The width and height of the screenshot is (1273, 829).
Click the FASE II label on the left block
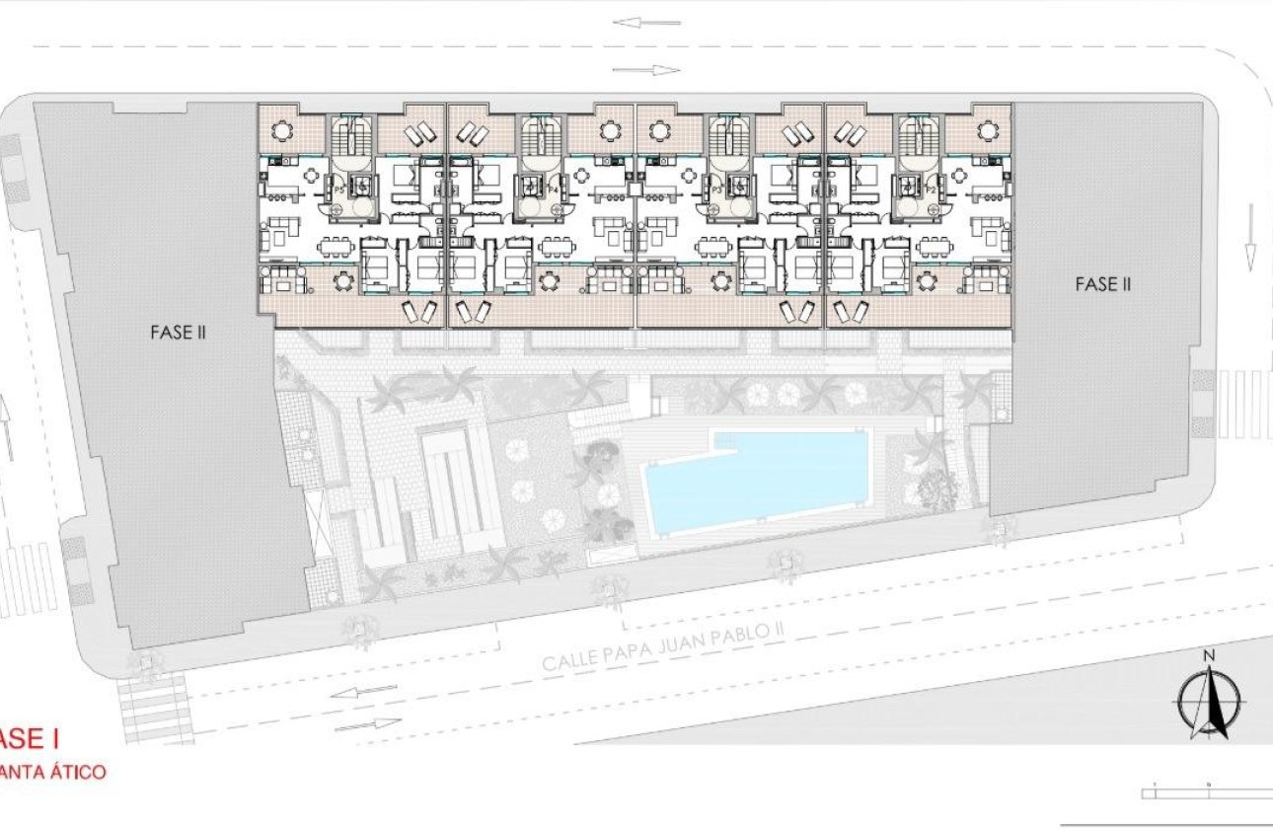pos(178,333)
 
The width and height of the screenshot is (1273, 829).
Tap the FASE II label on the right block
pos(1102,284)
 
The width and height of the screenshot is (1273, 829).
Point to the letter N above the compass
pos(1207,656)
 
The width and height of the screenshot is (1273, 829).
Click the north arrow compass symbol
pos(1207,703)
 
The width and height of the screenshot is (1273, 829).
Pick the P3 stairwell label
pos(717,188)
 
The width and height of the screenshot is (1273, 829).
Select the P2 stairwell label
pos(931,188)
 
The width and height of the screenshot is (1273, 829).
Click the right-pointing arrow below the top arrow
pos(646,70)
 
